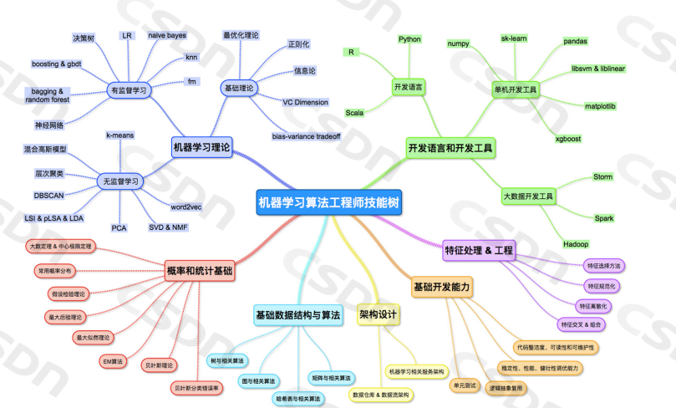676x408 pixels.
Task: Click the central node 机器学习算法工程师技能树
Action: tap(328, 201)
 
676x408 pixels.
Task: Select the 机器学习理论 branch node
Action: tap(201, 146)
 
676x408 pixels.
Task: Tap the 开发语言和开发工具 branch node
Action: tap(450, 147)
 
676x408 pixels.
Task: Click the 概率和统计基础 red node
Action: tap(200, 272)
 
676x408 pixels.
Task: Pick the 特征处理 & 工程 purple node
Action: tap(480, 249)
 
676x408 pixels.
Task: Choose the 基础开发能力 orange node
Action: tap(442, 288)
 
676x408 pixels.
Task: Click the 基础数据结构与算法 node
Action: tap(298, 315)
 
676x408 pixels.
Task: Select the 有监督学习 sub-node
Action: tap(129, 89)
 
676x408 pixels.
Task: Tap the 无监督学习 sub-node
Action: tap(121, 181)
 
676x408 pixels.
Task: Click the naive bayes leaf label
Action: tap(167, 36)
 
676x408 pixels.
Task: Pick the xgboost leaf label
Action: tap(568, 139)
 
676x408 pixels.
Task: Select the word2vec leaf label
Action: tap(186, 207)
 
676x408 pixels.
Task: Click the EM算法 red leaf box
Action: tap(112, 361)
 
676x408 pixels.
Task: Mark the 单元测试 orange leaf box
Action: tap(464, 385)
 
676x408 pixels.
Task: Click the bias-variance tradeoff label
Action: tap(306, 135)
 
